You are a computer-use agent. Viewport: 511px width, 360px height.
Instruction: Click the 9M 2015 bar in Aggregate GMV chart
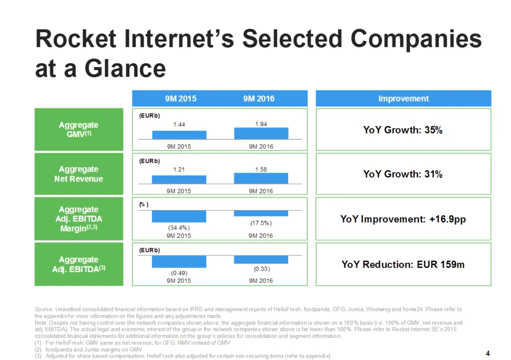[x=179, y=135]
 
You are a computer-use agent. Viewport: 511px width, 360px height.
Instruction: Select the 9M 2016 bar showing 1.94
[x=261, y=133]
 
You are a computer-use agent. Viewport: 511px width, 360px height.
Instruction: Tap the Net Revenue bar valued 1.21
[x=179, y=179]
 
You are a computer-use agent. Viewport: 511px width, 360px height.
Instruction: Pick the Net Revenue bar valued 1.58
[x=261, y=178]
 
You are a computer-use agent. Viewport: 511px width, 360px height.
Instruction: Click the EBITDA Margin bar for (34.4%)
[x=179, y=216]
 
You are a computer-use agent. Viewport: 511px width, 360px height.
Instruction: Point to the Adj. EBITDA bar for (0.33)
[x=261, y=260]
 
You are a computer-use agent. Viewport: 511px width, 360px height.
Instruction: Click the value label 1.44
[x=179, y=124]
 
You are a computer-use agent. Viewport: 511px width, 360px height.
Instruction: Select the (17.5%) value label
[x=261, y=223]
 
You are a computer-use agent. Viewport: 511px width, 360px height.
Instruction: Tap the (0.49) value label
[x=179, y=273]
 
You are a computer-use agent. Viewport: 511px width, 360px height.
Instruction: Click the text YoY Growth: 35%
[x=403, y=130]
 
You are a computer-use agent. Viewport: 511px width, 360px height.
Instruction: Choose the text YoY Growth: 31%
[x=403, y=174]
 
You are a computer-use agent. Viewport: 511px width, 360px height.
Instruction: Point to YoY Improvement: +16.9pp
[x=403, y=219]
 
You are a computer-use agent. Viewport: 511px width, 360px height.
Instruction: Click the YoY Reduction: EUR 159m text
[x=403, y=264]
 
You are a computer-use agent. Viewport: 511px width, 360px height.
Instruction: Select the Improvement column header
[x=404, y=99]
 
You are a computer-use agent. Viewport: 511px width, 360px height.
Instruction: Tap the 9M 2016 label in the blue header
[x=259, y=99]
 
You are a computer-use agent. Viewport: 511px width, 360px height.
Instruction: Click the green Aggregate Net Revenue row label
[x=79, y=174]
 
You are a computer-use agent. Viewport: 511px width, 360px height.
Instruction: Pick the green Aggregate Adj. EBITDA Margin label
[x=79, y=219]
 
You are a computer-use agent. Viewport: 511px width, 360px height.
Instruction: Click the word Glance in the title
[x=125, y=69]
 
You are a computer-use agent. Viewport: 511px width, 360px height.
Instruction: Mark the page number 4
[x=488, y=353]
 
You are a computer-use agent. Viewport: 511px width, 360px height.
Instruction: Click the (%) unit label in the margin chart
[x=144, y=205]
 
